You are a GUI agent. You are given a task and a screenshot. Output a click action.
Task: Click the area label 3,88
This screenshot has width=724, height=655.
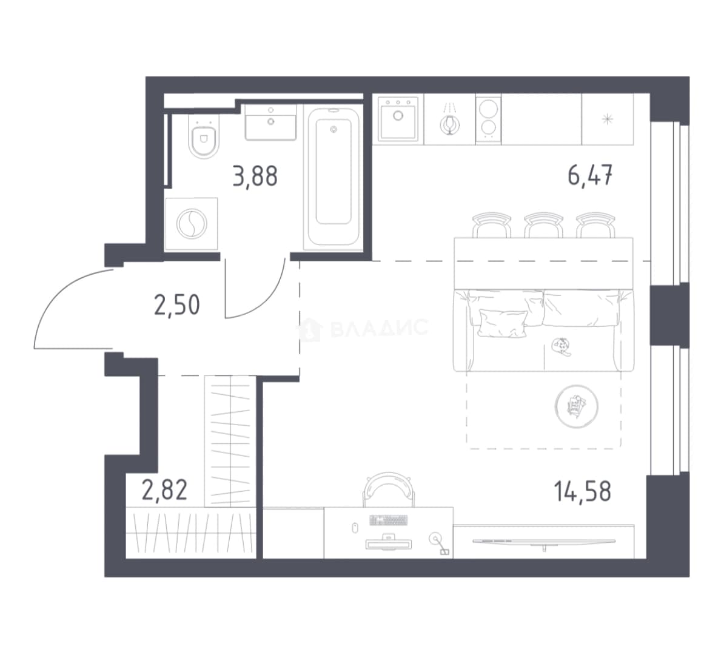[x=255, y=176]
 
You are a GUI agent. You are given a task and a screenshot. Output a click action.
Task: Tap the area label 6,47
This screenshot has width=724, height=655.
[x=590, y=175]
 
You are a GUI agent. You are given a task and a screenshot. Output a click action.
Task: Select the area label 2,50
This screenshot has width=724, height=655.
[x=177, y=305]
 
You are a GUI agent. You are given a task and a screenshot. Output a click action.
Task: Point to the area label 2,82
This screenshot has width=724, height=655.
[x=165, y=490]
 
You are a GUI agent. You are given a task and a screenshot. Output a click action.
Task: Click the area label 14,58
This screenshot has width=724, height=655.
[x=582, y=491]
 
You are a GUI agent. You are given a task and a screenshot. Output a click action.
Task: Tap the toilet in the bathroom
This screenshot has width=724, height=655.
[x=204, y=135]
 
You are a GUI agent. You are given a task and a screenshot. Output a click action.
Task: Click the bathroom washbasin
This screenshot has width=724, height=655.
[x=270, y=123]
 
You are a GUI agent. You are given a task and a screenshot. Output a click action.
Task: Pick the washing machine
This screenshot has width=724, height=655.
[x=192, y=224]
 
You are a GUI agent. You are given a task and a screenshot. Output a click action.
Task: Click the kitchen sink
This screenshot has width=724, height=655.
[x=398, y=119]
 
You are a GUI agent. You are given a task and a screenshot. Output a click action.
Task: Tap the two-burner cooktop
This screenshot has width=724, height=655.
[x=489, y=119]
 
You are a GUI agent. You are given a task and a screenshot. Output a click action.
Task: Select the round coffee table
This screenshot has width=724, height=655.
[x=576, y=406]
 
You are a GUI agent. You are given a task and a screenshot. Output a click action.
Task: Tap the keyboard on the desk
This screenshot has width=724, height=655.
[x=389, y=520]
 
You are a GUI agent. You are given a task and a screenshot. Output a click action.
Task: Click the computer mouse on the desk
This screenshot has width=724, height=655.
[x=355, y=528]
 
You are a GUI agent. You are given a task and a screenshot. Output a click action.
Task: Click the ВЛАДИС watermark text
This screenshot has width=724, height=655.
[x=380, y=328]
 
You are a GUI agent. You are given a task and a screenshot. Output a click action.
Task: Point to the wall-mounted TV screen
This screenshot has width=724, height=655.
[x=545, y=542]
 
